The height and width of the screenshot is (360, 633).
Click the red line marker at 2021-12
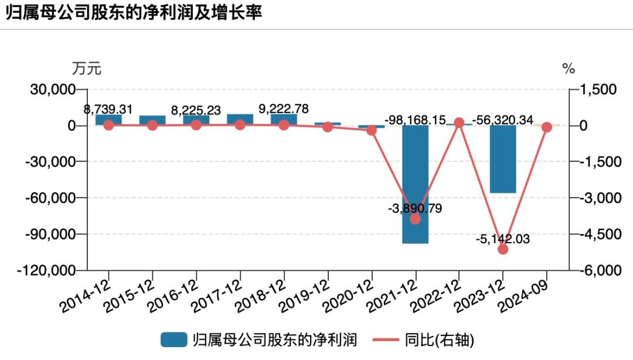(x=415, y=219)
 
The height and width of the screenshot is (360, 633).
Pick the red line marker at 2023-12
(x=502, y=249)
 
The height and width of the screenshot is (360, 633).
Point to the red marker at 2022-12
(x=459, y=123)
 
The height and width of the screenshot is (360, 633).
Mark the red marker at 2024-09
(x=547, y=127)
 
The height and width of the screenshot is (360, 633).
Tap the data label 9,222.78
(x=284, y=109)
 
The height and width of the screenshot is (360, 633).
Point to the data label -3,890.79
(x=415, y=208)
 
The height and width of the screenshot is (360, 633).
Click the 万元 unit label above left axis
(x=86, y=69)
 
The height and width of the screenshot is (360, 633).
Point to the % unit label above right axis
(x=569, y=69)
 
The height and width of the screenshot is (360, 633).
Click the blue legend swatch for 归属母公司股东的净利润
(x=173, y=339)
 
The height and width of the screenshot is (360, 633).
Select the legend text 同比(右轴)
(x=439, y=339)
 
